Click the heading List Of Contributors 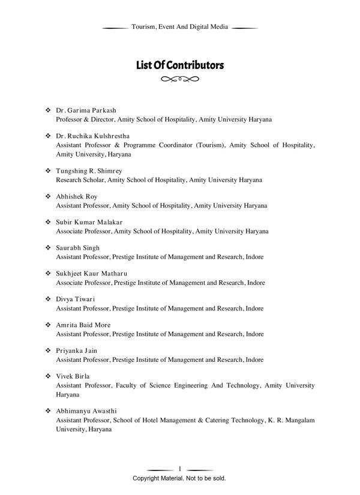click(x=179, y=65)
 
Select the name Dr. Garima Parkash click(x=86, y=111)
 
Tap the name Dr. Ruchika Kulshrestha click(x=92, y=136)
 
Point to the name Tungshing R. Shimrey click(x=89, y=171)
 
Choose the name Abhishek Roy click(x=76, y=197)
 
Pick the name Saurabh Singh click(x=78, y=248)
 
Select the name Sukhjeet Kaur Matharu click(x=91, y=274)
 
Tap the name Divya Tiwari click(x=76, y=299)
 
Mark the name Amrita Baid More click(x=83, y=325)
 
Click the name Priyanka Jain click(x=76, y=350)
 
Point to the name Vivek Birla click(x=73, y=376)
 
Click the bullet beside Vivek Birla click(x=48, y=376)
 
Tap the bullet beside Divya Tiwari click(x=48, y=299)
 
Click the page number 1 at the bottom click(x=180, y=469)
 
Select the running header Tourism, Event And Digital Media click(x=179, y=28)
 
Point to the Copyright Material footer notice click(x=179, y=479)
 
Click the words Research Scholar click(x=78, y=179)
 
